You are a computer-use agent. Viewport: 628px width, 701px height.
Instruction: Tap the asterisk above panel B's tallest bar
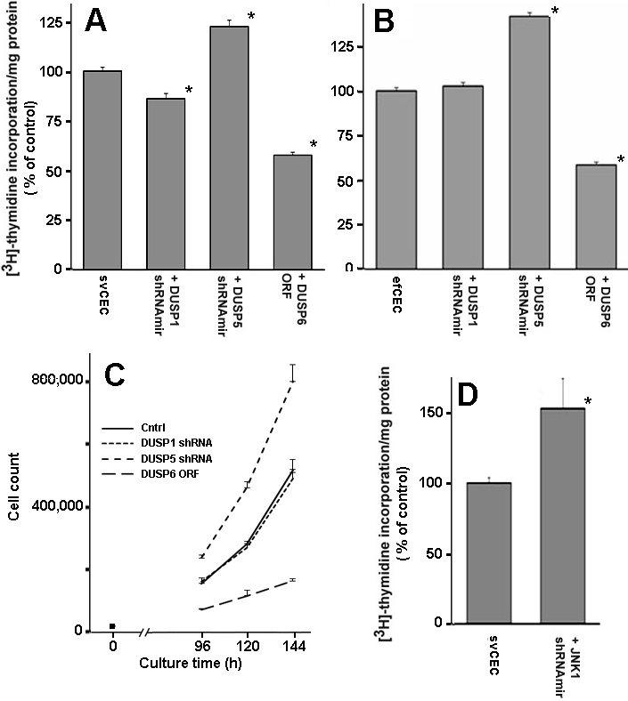click(555, 11)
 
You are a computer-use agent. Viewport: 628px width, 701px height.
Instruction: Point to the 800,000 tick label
click(56, 381)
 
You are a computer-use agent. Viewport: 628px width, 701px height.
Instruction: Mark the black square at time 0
click(111, 626)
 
